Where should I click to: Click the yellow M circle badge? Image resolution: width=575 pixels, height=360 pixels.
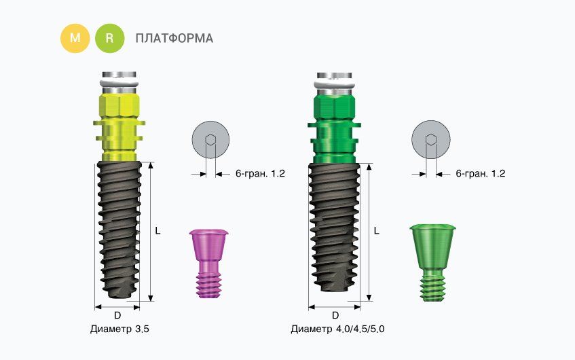[75, 38]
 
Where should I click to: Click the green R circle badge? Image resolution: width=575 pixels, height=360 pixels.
[110, 38]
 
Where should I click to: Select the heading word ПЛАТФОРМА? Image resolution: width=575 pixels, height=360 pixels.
[174, 38]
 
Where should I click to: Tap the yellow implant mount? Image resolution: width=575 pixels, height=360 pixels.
[119, 122]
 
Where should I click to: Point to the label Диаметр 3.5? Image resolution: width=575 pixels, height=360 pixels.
[119, 329]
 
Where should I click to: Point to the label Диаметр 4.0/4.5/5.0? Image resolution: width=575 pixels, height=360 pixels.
[337, 329]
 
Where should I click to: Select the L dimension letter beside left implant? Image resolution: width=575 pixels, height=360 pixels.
[157, 231]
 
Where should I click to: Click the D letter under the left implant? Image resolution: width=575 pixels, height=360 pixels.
[117, 315]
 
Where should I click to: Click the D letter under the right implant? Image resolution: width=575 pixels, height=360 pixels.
[335, 315]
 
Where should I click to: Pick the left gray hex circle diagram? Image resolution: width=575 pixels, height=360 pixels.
[210, 141]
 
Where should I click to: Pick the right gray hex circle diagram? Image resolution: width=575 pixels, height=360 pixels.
[431, 141]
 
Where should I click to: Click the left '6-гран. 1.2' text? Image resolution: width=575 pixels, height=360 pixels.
[259, 174]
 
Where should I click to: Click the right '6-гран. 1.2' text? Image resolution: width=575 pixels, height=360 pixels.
[480, 174]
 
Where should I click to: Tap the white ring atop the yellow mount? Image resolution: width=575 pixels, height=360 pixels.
[119, 85]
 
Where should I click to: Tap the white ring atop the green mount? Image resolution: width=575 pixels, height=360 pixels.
[333, 85]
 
